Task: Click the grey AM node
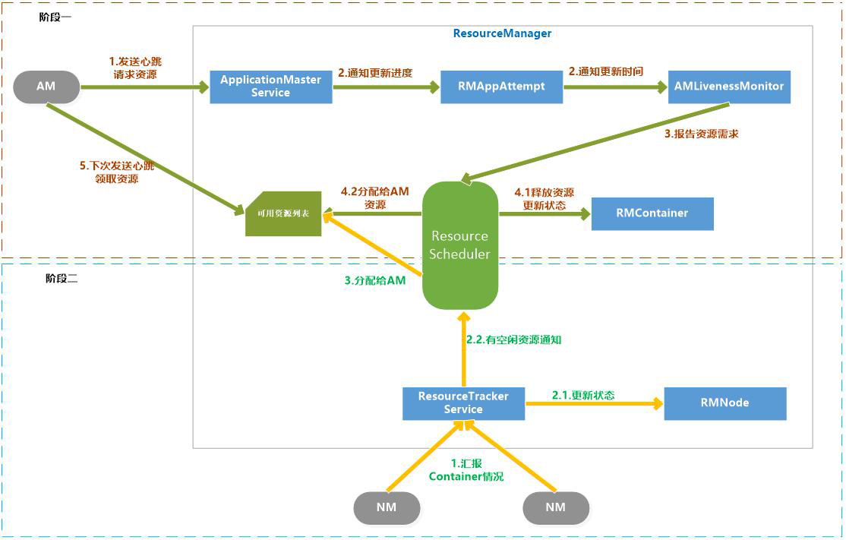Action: (x=46, y=87)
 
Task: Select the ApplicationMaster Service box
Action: (x=270, y=87)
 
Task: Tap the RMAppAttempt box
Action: (x=501, y=87)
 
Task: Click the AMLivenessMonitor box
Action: (x=728, y=87)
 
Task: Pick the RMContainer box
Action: (x=652, y=213)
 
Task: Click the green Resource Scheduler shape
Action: (x=459, y=245)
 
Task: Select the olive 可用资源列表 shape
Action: (x=283, y=213)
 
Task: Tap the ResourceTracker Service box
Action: (x=463, y=403)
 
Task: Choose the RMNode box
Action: (x=724, y=403)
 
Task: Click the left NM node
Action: (x=387, y=507)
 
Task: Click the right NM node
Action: (x=556, y=507)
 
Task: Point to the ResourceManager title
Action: (x=502, y=33)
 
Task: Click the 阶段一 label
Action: (x=55, y=17)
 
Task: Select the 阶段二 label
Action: (x=62, y=279)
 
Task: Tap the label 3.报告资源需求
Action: (x=701, y=134)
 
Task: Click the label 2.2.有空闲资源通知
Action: (x=513, y=340)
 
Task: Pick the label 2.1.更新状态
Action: (x=582, y=395)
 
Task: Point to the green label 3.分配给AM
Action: (x=375, y=280)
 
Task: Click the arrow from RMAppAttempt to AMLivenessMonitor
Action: (x=615, y=87)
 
